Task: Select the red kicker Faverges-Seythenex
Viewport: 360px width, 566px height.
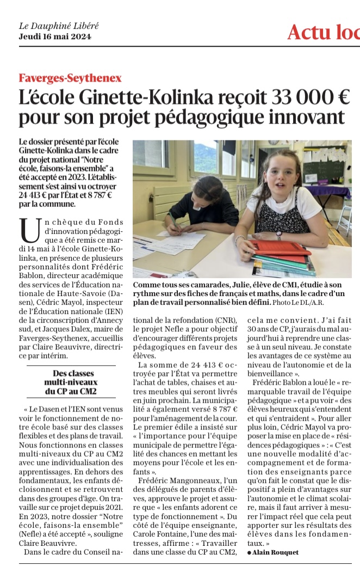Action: tap(70, 78)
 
